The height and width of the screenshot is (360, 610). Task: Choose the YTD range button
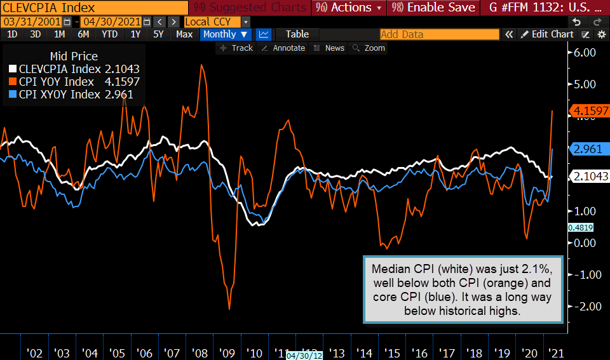coord(109,34)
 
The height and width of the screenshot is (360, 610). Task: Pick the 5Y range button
coord(158,34)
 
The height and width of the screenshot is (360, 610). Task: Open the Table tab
coord(297,34)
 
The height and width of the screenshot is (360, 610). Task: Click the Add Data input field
coord(439,34)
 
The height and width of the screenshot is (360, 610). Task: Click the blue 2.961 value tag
coord(588,149)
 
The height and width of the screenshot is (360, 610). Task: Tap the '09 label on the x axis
coord(226,353)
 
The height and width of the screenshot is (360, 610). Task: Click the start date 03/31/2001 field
coord(32,22)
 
